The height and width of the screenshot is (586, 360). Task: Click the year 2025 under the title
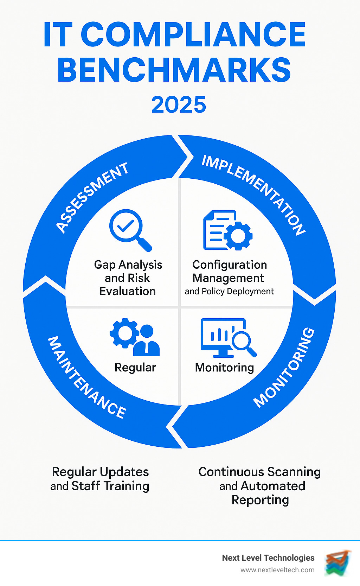pyautogui.click(x=179, y=105)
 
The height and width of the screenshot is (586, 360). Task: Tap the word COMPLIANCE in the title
pyautogui.click(x=193, y=34)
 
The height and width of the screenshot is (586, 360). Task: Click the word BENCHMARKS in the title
pyautogui.click(x=174, y=70)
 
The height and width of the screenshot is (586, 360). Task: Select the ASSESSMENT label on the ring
pyautogui.click(x=92, y=197)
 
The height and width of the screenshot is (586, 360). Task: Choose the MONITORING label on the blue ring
pyautogui.click(x=284, y=368)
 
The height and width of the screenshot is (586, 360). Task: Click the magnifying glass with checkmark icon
pyautogui.click(x=130, y=230)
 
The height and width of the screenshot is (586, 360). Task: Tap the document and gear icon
pyautogui.click(x=227, y=230)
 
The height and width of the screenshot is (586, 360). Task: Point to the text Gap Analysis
pyautogui.click(x=128, y=265)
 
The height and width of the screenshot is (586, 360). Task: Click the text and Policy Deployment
pyautogui.click(x=229, y=291)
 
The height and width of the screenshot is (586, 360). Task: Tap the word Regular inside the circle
pyautogui.click(x=135, y=368)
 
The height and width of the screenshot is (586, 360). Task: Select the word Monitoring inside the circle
pyautogui.click(x=224, y=368)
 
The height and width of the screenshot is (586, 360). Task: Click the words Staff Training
pyautogui.click(x=110, y=486)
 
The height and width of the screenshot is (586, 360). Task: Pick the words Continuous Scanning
pyautogui.click(x=259, y=472)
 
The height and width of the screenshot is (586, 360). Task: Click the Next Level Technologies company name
pyautogui.click(x=268, y=558)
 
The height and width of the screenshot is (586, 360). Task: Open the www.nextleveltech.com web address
pyautogui.click(x=277, y=570)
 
